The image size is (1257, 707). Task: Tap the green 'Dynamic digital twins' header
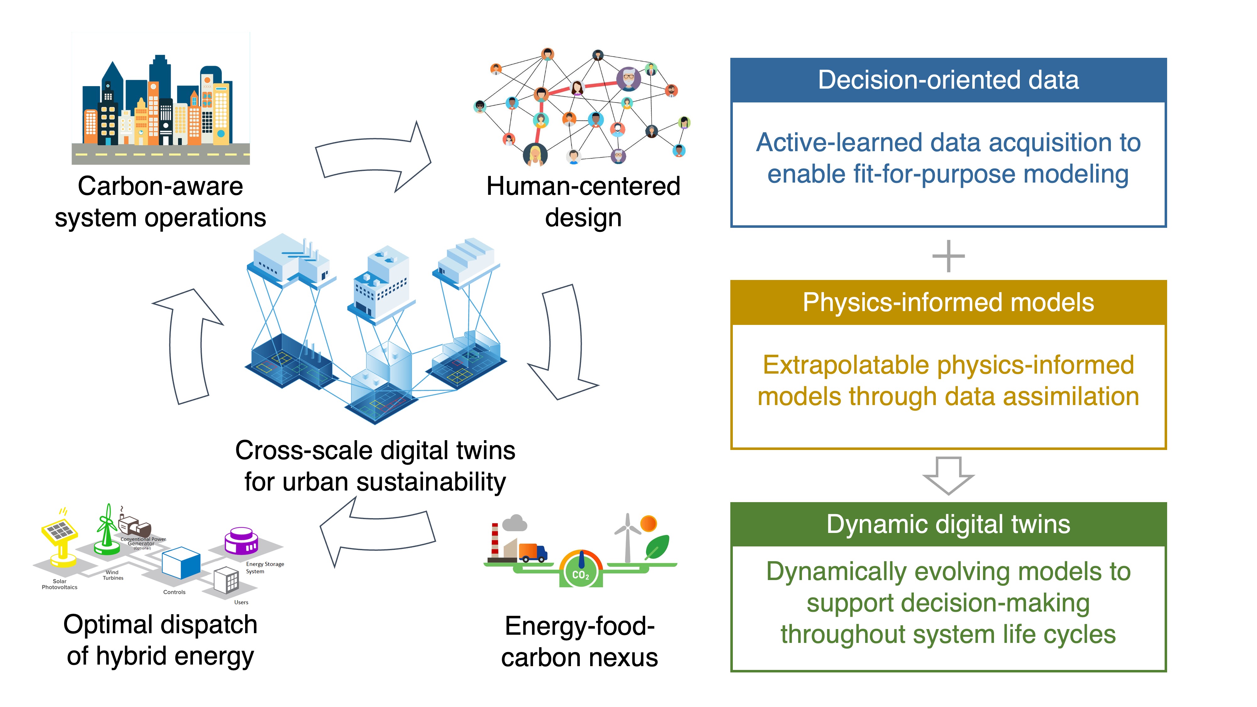[948, 524]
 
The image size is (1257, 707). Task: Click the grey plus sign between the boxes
[948, 256]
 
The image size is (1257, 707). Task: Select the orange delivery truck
[532, 553]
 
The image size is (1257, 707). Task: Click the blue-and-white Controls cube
[181, 563]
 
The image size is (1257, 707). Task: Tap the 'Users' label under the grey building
[241, 602]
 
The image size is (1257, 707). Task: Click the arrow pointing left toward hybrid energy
[376, 532]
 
